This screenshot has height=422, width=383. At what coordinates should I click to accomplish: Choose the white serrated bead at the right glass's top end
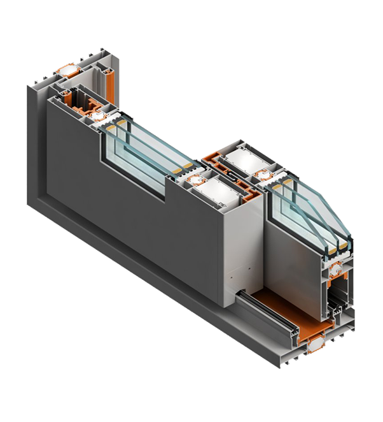pyautogui.click(x=284, y=182)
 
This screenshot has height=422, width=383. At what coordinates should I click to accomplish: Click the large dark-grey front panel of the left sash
pyautogui.click(x=127, y=210)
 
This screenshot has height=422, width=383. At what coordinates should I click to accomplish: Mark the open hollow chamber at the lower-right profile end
pyautogui.click(x=337, y=302)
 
